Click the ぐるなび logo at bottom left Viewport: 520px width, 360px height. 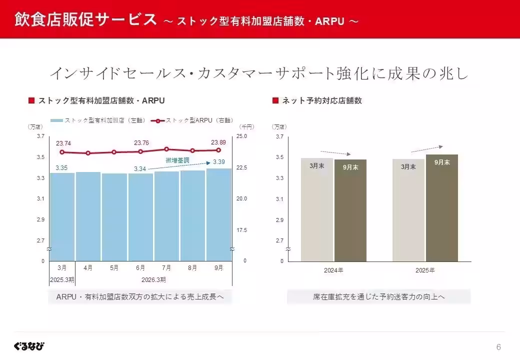(x=29, y=346)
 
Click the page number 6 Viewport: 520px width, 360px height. (x=498, y=347)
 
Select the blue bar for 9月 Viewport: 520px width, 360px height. (x=219, y=215)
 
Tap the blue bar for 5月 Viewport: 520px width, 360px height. (x=114, y=217)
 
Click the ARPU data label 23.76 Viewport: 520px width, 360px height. (x=141, y=143)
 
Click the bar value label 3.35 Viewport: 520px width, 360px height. (x=61, y=168)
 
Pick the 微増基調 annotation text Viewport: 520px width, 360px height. (x=177, y=160)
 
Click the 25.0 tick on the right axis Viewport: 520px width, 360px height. (x=241, y=136)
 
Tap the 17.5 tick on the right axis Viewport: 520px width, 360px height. (x=241, y=230)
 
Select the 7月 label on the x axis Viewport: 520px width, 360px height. (x=166, y=268)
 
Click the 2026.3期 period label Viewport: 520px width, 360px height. (x=153, y=279)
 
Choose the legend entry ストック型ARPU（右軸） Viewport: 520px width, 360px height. (x=192, y=120)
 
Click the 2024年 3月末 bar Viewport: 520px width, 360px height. (x=316, y=210)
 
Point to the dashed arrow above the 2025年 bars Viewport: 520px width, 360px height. (x=426, y=148)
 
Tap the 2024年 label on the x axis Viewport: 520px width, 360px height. (x=333, y=270)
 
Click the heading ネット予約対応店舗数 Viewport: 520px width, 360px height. (x=321, y=100)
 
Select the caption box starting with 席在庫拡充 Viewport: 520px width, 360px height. (x=378, y=297)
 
